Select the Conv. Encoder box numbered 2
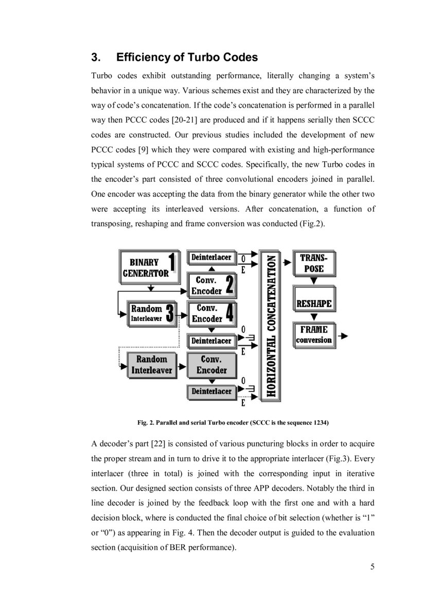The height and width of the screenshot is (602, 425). pos(211,285)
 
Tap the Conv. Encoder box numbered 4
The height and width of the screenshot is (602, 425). pos(211,314)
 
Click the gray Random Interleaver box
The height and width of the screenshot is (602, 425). pos(150,365)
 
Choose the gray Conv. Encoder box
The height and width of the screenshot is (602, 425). pos(211,365)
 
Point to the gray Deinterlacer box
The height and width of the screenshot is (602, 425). pos(211,391)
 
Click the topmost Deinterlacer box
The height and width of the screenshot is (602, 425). pos(211,257)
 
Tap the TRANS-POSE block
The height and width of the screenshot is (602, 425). pos(313,263)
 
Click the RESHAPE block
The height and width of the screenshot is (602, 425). pos(313,303)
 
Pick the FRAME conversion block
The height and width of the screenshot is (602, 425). pos(313,335)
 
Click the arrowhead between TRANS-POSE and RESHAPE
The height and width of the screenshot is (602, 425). pos(313,282)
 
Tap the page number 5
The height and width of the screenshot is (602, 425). pos(372,567)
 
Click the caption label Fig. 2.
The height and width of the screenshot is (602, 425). pos(147,423)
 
